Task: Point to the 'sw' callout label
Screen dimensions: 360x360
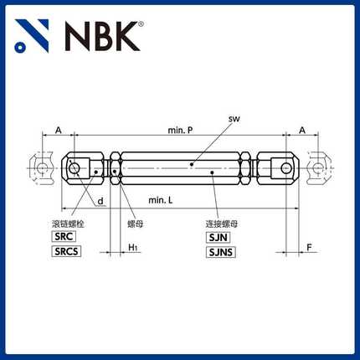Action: tap(234, 121)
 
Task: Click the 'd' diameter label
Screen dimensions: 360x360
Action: tap(100, 202)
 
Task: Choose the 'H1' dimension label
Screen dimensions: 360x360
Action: tap(134, 249)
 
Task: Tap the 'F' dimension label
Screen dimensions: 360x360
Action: tap(309, 249)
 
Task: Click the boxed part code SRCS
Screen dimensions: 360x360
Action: tap(67, 252)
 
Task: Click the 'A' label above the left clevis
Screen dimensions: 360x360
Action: tap(58, 131)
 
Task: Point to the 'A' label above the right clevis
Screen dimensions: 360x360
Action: tap(301, 131)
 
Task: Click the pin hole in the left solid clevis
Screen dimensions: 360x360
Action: tap(76, 167)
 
